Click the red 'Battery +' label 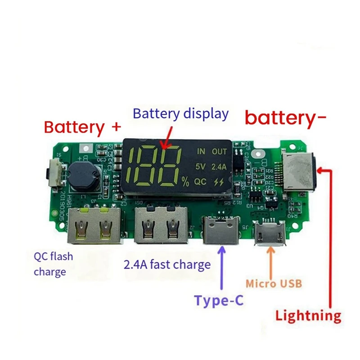[x=82, y=127]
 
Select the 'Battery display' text [x=180, y=113]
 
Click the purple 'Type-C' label [x=219, y=300]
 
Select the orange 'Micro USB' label [x=273, y=284]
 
